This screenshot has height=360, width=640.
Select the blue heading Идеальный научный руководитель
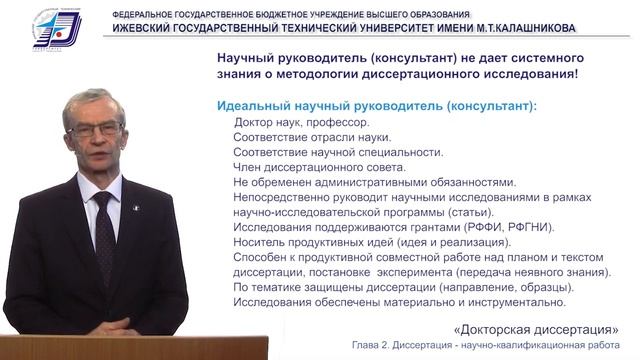tap(376, 106)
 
